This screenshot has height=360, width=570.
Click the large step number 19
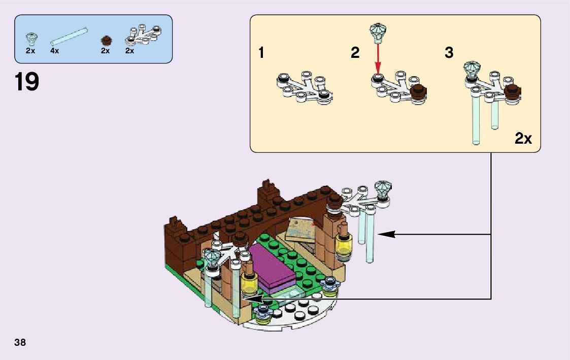click(x=27, y=82)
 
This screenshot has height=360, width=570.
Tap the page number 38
click(x=20, y=342)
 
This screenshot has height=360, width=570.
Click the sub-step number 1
click(x=261, y=52)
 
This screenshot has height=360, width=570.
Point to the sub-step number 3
click(x=449, y=52)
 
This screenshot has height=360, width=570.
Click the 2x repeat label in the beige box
click(x=523, y=138)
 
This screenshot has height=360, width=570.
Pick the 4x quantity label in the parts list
click(x=55, y=51)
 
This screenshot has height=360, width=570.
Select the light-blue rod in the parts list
click(x=69, y=38)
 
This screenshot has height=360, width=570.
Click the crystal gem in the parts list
click(x=31, y=38)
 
